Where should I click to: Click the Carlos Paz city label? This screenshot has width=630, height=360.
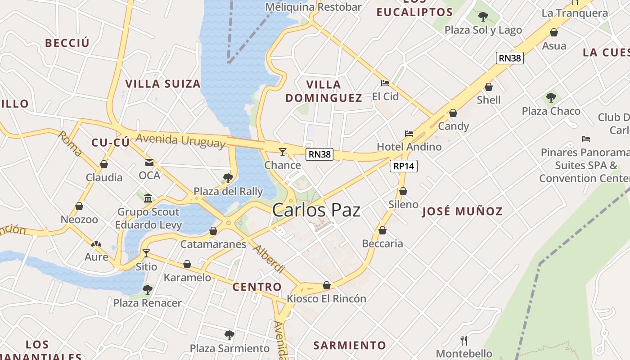click(x=316, y=210)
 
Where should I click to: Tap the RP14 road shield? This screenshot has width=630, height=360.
click(x=404, y=166)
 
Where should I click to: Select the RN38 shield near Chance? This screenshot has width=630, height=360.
click(x=319, y=154)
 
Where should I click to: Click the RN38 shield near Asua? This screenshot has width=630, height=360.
click(x=510, y=58)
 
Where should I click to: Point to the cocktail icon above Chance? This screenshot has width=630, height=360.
click(x=283, y=152)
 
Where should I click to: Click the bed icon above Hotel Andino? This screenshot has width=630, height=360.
click(x=409, y=134)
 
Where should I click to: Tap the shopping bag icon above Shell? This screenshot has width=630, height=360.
click(x=489, y=87)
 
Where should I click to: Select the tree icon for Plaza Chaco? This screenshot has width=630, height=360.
click(x=551, y=98)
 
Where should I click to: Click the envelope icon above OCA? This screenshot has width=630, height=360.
click(x=149, y=162)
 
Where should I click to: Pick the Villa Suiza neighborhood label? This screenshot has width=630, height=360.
click(x=163, y=84)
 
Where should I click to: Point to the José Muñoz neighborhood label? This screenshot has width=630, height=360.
click(x=462, y=211)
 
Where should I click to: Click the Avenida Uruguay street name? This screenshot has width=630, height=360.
click(x=180, y=140)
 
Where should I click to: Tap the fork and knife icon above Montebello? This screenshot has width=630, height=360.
click(x=464, y=340)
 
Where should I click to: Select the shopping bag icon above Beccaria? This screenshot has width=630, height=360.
click(x=382, y=231)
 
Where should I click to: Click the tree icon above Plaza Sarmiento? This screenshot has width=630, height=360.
click(x=229, y=335)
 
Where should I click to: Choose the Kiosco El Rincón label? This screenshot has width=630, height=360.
click(x=327, y=298)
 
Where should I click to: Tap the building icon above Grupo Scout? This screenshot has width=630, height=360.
click(x=148, y=198)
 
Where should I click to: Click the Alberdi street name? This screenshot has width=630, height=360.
click(x=269, y=259)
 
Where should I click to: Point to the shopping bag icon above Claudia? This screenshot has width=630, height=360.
click(x=104, y=164)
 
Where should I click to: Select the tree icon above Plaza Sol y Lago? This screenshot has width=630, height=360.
click(x=483, y=17)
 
